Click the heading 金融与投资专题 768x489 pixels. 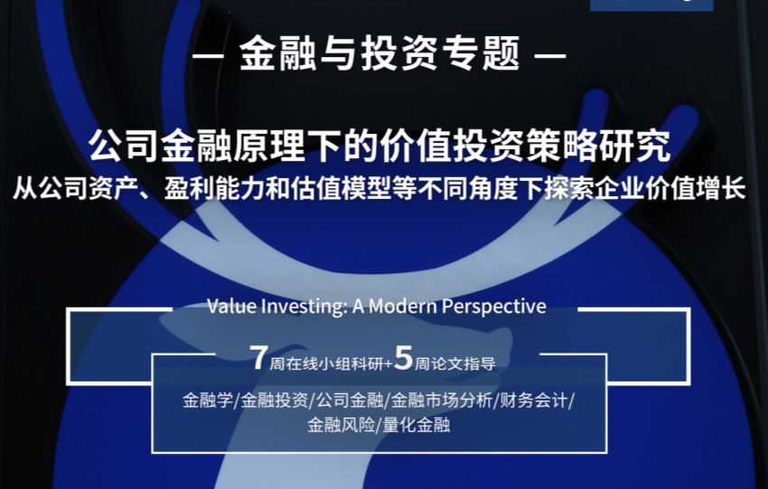pos(379,53)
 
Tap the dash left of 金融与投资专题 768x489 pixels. pos(208,55)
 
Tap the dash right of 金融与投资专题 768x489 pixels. pos(551,55)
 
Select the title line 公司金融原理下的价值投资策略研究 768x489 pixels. pos(379,146)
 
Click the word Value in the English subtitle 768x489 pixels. pos(231,306)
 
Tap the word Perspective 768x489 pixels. pos(493,307)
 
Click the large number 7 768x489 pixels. pos(258,357)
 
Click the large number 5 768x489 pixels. pos(404,357)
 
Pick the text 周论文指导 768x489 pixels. pos(455,363)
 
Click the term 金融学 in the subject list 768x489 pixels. pos(208,400)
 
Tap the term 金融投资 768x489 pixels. pos(275,400)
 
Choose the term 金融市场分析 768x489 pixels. pos(441,400)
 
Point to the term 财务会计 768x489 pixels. pos(533,400)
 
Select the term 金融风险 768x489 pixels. pos(341,424)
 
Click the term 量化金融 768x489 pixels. pos(417,424)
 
